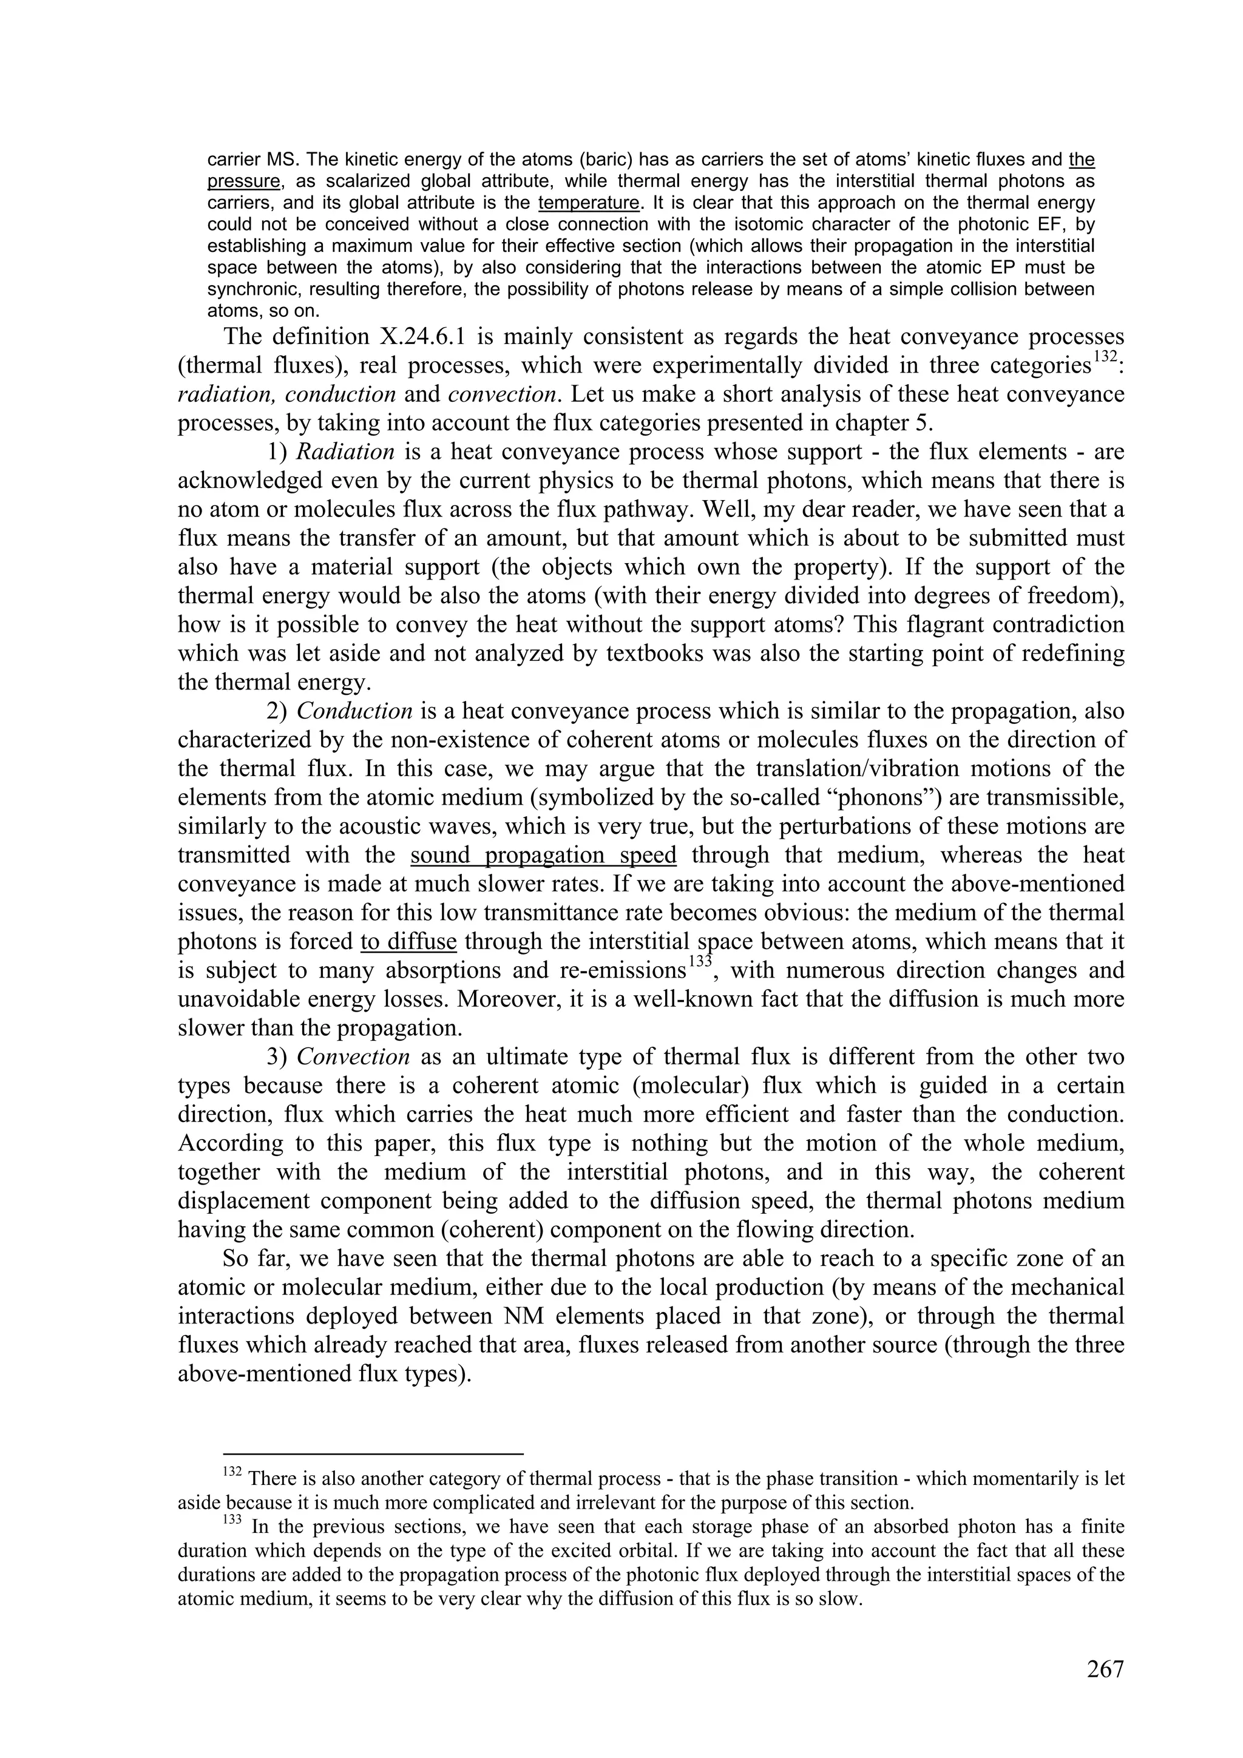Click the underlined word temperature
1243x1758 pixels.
[588, 203]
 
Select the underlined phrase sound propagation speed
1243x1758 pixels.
[543, 854]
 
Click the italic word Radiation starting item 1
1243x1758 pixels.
[345, 451]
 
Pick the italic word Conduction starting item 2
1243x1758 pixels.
[354, 711]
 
